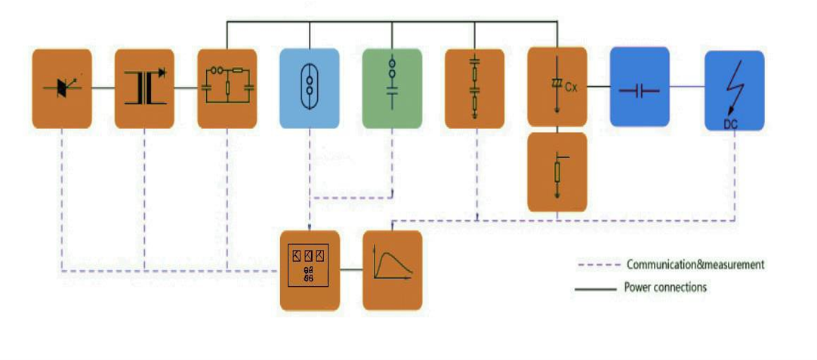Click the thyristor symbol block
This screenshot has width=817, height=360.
(x=62, y=88)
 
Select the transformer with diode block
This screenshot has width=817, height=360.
(x=144, y=88)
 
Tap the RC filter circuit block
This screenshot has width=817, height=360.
(x=227, y=88)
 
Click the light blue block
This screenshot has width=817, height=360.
(x=309, y=88)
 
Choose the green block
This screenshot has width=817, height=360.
(x=391, y=88)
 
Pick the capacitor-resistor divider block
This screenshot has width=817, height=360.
(x=474, y=88)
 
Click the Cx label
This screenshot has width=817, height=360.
(x=571, y=88)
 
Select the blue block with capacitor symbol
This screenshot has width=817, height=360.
(x=640, y=88)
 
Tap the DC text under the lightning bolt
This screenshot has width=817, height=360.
(x=730, y=123)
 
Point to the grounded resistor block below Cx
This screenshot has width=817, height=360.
(x=556, y=171)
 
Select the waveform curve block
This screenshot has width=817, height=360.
(x=392, y=270)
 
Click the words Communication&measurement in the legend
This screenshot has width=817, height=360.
(x=695, y=265)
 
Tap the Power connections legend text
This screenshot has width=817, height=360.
(x=665, y=287)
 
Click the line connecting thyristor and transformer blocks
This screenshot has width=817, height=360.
(x=103, y=88)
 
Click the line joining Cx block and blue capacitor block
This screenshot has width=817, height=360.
(x=598, y=88)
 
